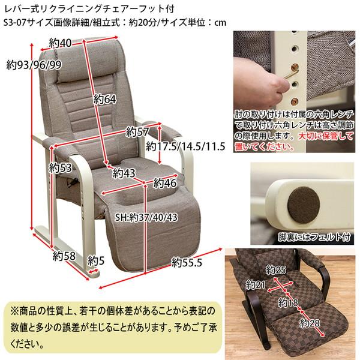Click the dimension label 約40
click(x=61, y=42)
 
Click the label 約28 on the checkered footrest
click(x=310, y=325)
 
